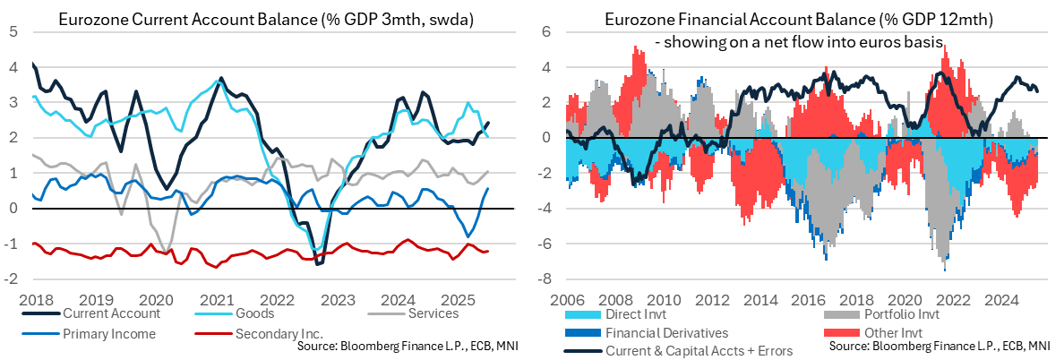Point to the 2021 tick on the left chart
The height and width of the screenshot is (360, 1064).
pos(216,298)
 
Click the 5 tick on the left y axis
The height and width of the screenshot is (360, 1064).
pos(13,31)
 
